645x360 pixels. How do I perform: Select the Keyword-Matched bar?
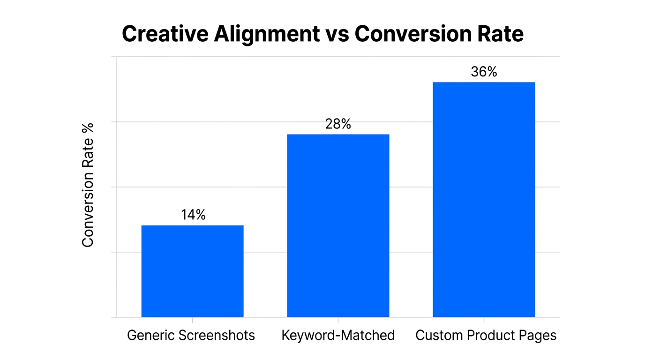coord(338,225)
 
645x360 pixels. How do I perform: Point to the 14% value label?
coord(193,215)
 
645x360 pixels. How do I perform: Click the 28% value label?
coord(338,124)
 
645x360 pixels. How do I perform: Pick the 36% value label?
coord(484,72)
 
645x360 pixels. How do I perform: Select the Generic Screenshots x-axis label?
coord(191,336)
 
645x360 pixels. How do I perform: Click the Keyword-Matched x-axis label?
coord(338,336)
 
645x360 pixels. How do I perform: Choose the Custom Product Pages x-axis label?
coord(486,336)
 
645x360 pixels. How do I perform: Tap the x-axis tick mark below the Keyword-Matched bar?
coord(338,320)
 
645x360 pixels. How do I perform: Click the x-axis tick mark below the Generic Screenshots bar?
coord(192,320)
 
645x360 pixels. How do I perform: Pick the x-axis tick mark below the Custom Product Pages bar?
coord(484,320)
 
